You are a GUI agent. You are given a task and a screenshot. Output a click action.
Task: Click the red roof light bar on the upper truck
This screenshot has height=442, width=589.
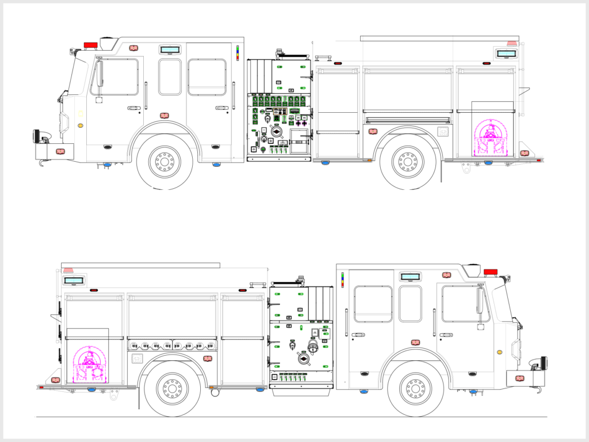point(90,45)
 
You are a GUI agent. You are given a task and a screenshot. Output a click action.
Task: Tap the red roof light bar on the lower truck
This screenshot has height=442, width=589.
point(491,272)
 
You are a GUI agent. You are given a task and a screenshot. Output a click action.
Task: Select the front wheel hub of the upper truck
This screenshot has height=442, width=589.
point(165,162)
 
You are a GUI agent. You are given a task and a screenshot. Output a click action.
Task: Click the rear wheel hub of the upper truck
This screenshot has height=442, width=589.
point(408,162)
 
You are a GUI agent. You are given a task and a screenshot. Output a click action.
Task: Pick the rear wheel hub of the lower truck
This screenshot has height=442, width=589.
point(172,389)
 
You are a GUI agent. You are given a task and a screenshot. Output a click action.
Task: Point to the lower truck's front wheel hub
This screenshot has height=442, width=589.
point(415,389)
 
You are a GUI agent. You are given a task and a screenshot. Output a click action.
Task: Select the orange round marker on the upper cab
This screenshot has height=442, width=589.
point(81,125)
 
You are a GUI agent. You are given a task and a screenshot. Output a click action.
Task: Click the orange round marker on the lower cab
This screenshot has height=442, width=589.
point(499,352)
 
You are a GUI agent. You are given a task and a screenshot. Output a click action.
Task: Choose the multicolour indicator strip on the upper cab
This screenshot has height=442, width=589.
point(238,52)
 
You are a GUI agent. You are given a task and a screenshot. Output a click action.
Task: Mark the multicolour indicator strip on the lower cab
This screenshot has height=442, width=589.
point(343,280)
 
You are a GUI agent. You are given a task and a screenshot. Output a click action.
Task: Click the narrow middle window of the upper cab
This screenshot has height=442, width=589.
point(170,77)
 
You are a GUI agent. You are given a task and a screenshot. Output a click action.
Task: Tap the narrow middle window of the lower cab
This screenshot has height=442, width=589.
point(410,304)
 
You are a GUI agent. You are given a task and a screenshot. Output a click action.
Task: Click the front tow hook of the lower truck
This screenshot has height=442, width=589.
point(540,390)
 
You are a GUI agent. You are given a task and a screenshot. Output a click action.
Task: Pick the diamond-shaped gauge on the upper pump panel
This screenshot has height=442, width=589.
point(277,133)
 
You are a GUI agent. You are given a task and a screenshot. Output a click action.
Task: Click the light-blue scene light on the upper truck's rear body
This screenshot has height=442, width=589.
point(506,54)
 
